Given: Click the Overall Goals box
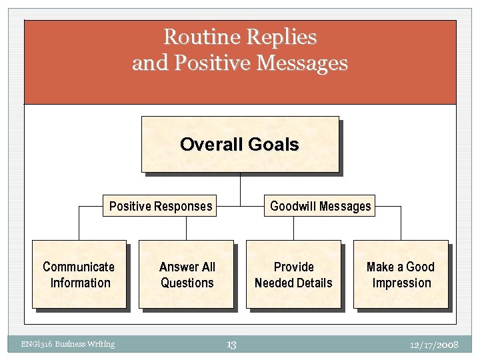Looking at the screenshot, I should (x=240, y=144).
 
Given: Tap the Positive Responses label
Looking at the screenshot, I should (x=161, y=206).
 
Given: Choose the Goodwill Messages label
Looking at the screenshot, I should (x=320, y=206).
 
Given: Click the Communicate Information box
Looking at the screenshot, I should (x=79, y=275).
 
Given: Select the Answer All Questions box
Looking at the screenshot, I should (x=187, y=275).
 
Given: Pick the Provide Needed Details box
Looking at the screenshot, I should (x=293, y=275).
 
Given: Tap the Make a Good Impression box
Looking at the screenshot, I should (x=401, y=275).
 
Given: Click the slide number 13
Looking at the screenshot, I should (x=231, y=345).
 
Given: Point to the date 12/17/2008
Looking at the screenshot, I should (x=435, y=345).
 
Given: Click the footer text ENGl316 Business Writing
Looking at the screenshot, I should (x=67, y=344).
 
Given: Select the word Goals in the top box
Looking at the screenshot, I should (x=273, y=145).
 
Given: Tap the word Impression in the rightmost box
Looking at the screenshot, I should (x=401, y=283).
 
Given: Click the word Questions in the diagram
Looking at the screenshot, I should (x=187, y=283).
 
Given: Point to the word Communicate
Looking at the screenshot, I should (x=79, y=267).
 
